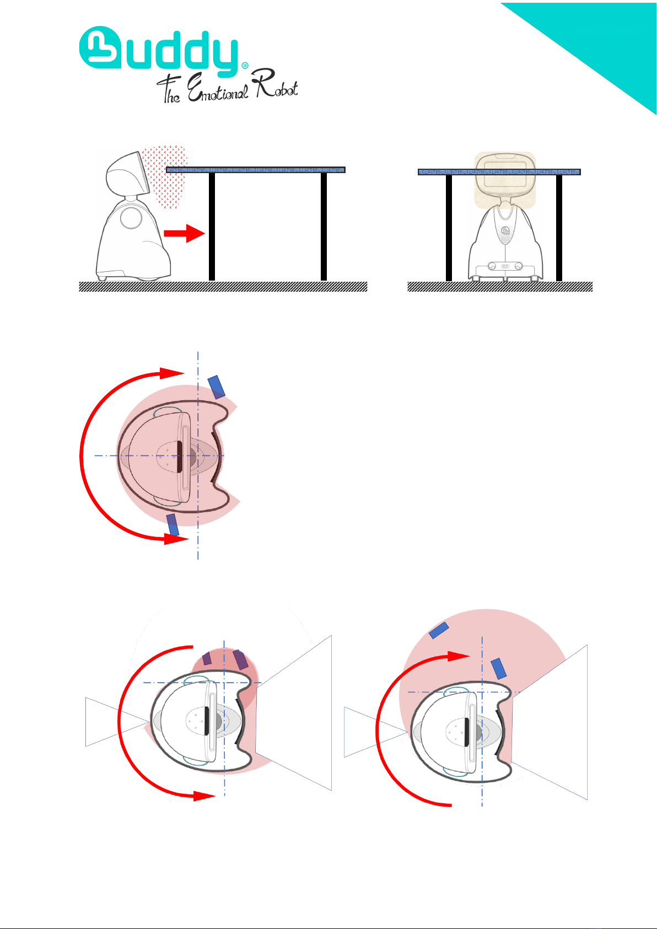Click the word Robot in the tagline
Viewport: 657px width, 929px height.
tap(276, 84)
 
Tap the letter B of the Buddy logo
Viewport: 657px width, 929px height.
tap(100, 47)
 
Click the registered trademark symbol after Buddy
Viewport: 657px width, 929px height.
tap(245, 66)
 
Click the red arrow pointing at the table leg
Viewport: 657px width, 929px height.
tap(185, 233)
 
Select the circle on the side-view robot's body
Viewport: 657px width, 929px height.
tap(131, 218)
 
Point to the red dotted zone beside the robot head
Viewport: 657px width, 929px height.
tap(165, 176)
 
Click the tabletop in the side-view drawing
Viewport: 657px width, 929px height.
tap(255, 170)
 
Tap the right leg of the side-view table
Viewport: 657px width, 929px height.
tap(324, 227)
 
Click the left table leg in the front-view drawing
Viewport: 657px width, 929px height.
tap(449, 228)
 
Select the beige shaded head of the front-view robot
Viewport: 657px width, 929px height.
tap(505, 180)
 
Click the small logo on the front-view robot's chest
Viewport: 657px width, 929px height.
tap(505, 230)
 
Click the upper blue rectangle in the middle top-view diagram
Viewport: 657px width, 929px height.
tap(216, 387)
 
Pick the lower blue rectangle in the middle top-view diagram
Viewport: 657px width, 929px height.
tap(173, 525)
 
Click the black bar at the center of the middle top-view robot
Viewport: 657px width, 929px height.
tap(179, 457)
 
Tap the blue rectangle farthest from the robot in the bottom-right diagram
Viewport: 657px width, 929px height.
tap(439, 630)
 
